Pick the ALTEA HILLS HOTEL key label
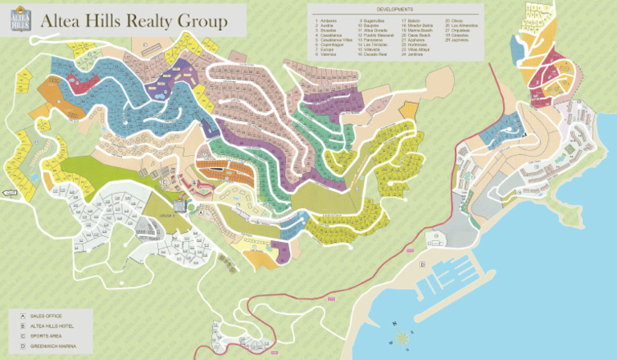click(x=51, y=326)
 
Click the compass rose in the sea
click(x=401, y=337)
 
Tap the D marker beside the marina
click(x=422, y=264)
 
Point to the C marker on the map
click(x=164, y=182)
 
